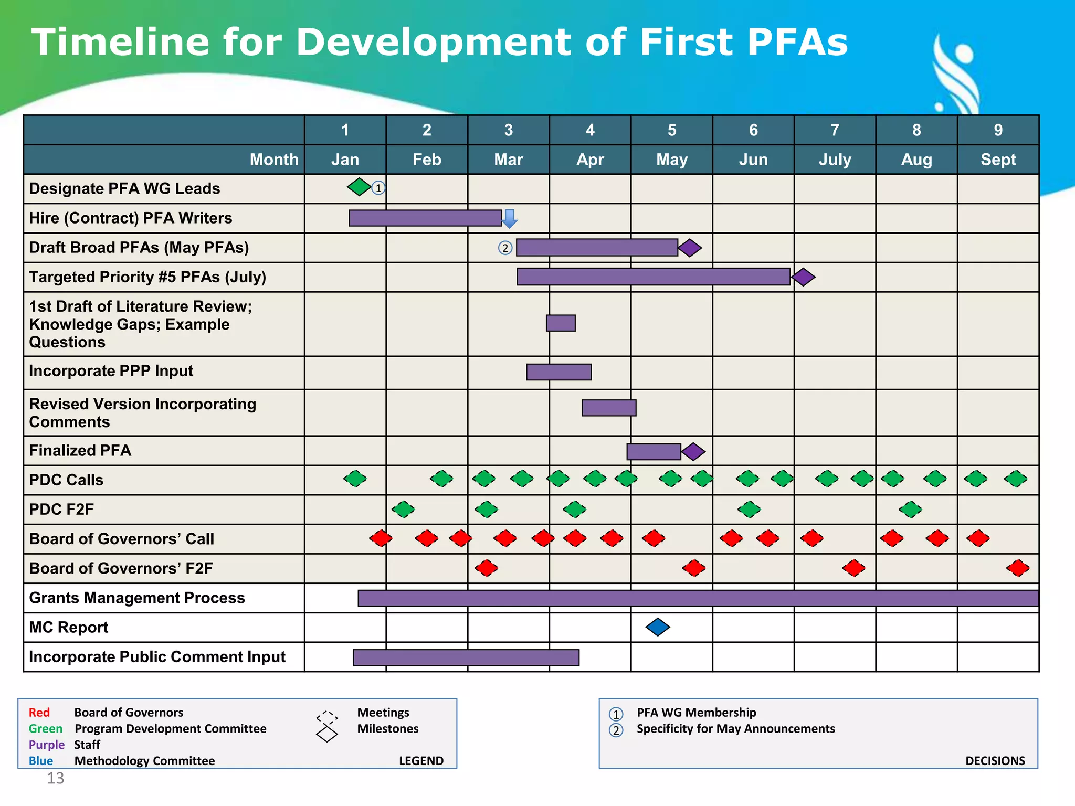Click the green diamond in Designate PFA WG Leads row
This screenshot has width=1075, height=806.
(x=359, y=187)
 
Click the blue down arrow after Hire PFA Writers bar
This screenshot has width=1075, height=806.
(x=509, y=218)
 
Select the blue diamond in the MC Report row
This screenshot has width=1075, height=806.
(x=658, y=627)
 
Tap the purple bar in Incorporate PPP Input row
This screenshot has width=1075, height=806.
(x=558, y=372)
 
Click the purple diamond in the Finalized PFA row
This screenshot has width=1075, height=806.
(x=693, y=451)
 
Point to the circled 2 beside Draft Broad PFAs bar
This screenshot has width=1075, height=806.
(x=505, y=248)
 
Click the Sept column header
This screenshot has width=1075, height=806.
(x=998, y=160)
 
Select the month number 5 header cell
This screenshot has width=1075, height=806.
(x=671, y=130)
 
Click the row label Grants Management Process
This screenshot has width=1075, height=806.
(x=136, y=598)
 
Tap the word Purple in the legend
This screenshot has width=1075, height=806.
(x=46, y=745)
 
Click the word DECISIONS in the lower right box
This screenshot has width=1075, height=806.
(x=995, y=761)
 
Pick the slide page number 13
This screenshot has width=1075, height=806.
(x=56, y=778)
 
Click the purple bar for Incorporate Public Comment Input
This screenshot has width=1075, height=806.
(x=466, y=657)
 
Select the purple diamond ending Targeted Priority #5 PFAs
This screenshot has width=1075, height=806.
(x=803, y=277)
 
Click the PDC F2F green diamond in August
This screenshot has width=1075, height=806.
(x=910, y=509)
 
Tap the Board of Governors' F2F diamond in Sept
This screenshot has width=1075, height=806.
(x=1018, y=568)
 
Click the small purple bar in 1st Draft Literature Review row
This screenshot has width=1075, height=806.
(x=561, y=323)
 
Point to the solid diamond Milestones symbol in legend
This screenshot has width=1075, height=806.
(x=326, y=734)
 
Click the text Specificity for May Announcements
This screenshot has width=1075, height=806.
(x=735, y=729)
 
